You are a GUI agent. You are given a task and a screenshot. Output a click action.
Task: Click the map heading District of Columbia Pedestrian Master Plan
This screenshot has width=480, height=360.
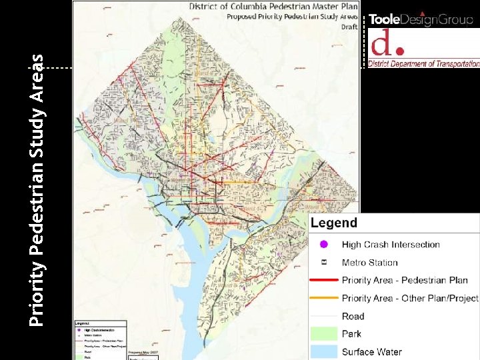[x=273, y=6]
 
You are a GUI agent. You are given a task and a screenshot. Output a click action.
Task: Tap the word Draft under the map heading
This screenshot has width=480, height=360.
[x=349, y=27]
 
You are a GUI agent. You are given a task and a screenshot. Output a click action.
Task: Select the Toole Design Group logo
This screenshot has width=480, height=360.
[x=421, y=19]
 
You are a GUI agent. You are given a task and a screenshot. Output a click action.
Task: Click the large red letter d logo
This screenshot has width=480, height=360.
[x=387, y=43]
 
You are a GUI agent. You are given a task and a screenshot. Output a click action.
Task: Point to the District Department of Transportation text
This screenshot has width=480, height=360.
[x=425, y=64]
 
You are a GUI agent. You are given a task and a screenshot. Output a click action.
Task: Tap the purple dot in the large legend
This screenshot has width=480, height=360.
[x=324, y=245]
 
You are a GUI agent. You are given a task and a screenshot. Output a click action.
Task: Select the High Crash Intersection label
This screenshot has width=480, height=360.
[x=391, y=245]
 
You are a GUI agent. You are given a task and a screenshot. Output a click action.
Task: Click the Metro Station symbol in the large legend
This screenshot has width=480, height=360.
[x=324, y=263]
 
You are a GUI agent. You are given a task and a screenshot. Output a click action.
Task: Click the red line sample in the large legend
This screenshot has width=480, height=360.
[x=324, y=281]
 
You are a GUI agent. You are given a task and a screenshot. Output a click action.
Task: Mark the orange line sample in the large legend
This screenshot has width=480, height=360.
[x=324, y=298]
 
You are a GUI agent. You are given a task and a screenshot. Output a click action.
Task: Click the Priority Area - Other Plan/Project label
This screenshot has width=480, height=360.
[x=410, y=298]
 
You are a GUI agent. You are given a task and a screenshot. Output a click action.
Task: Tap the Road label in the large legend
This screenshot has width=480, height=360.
[x=353, y=316]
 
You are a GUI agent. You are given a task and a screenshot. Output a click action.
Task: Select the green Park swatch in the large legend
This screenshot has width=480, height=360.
[x=324, y=333]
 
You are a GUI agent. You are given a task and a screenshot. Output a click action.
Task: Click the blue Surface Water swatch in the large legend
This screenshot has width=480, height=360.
[x=324, y=351]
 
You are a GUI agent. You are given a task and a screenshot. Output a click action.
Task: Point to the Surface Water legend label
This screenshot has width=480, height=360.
[x=372, y=351]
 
